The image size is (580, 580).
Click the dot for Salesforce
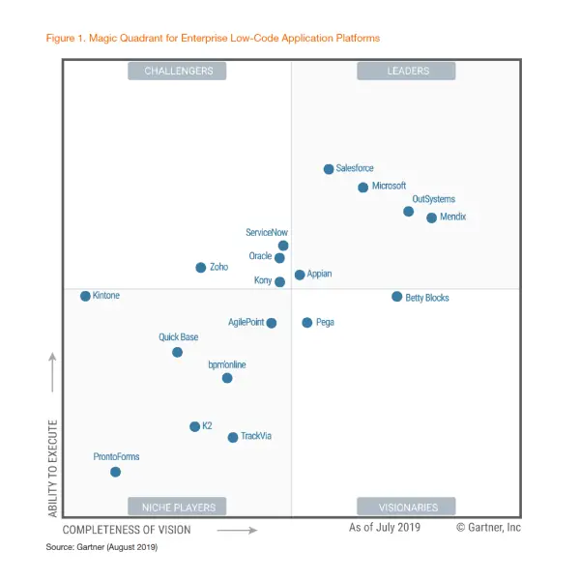pos(329,169)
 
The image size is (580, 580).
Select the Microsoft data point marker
pos(363,188)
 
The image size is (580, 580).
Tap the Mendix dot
pos(432,217)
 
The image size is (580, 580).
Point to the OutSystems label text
pos(433,199)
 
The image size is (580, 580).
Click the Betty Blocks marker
pos(397,297)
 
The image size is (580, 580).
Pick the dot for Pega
pos(307,323)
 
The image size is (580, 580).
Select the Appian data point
pos(300,275)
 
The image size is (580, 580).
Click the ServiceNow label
pos(267,233)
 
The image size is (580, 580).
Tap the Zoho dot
pos(201,268)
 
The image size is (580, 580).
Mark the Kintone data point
pos(85,296)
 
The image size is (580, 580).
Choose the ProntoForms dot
pos(116,472)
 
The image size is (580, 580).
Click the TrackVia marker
pos(233,438)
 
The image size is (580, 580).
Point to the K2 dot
pos(195,426)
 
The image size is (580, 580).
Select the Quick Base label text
pos(179,337)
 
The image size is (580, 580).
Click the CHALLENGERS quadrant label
pos(177,71)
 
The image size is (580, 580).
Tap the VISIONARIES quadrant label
pos(406,507)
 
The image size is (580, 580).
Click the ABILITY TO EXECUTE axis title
pos(53,468)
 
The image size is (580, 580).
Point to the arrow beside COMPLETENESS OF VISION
pos(236,530)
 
